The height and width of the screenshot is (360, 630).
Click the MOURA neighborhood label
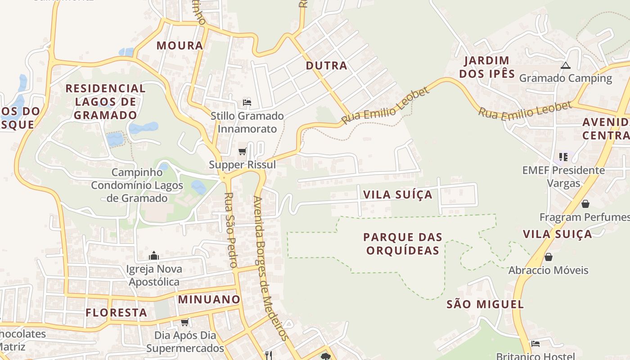[x=180, y=45]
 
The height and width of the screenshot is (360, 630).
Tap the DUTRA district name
[x=326, y=66]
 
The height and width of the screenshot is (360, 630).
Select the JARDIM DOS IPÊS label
[x=487, y=67]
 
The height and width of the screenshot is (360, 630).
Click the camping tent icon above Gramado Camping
[x=566, y=65]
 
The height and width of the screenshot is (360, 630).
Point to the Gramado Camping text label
[x=566, y=78]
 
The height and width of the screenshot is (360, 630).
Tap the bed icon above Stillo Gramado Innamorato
[x=247, y=102]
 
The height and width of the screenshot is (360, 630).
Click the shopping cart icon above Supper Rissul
[x=243, y=151]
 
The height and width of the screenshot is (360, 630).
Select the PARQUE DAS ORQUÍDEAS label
[x=403, y=243]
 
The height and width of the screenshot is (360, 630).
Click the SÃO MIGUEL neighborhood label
[x=485, y=304]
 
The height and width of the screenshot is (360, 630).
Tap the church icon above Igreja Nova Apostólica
[x=154, y=256]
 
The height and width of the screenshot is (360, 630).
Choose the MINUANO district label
[x=209, y=299]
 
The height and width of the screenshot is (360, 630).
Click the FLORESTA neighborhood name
[x=117, y=312]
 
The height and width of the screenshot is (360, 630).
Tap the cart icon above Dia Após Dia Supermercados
[x=184, y=322]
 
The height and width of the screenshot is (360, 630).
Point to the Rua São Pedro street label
[x=230, y=230]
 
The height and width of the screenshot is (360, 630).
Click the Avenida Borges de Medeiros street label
[x=270, y=268]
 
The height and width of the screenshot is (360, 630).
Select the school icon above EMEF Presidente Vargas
[x=563, y=157]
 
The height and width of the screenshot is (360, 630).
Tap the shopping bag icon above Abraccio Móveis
[x=548, y=257]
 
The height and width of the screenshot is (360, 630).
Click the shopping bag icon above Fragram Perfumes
[x=585, y=204]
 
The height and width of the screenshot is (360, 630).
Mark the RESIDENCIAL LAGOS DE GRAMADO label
[x=105, y=102]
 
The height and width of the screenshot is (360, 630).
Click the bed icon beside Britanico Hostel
[x=535, y=344]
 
